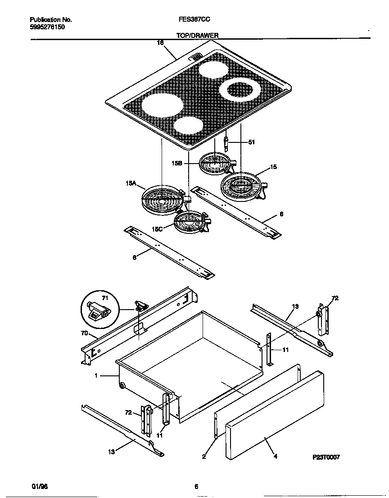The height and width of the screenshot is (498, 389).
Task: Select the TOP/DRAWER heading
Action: [x=198, y=35]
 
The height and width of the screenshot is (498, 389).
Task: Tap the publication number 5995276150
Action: [x=48, y=27]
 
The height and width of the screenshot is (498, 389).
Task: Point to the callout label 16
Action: [x=160, y=43]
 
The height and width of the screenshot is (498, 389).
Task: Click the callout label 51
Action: [x=252, y=142]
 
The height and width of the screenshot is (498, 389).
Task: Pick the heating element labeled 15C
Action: [x=191, y=221]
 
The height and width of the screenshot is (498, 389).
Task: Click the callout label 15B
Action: [x=176, y=164]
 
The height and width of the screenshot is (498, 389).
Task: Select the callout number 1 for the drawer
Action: [x=96, y=375]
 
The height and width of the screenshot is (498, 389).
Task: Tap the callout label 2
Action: [x=204, y=456]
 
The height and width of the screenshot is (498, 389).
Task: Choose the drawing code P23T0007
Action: [x=326, y=457]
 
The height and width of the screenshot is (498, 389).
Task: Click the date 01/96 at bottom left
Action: [x=40, y=487]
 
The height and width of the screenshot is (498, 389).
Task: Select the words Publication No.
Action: [x=51, y=20]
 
